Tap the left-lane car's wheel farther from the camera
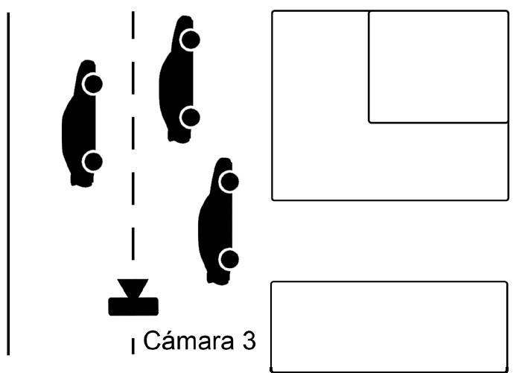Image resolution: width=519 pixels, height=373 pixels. tap(92, 83)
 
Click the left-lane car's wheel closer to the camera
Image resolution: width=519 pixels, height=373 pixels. tap(92, 161)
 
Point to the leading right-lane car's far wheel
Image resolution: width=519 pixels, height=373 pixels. tap(191, 39)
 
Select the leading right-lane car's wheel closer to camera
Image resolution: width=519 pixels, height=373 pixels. tap(191, 116)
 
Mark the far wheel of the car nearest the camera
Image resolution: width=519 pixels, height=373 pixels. tap(229, 181)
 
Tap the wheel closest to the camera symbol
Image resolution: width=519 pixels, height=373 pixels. tap(229, 259)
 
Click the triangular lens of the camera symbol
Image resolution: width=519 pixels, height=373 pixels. tap(133, 288)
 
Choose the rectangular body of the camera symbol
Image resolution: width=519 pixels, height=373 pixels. tap(133, 305)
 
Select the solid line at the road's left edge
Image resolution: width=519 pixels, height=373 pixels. tap(9, 186)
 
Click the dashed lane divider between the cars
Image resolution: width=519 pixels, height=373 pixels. tap(133, 149)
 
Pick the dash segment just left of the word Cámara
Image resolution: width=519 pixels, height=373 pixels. tap(133, 344)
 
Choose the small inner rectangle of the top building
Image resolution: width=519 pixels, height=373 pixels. tap(438, 66)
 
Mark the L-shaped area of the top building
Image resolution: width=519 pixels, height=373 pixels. tap(320, 149)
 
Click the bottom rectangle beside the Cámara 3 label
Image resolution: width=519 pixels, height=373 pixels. tap(389, 325)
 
